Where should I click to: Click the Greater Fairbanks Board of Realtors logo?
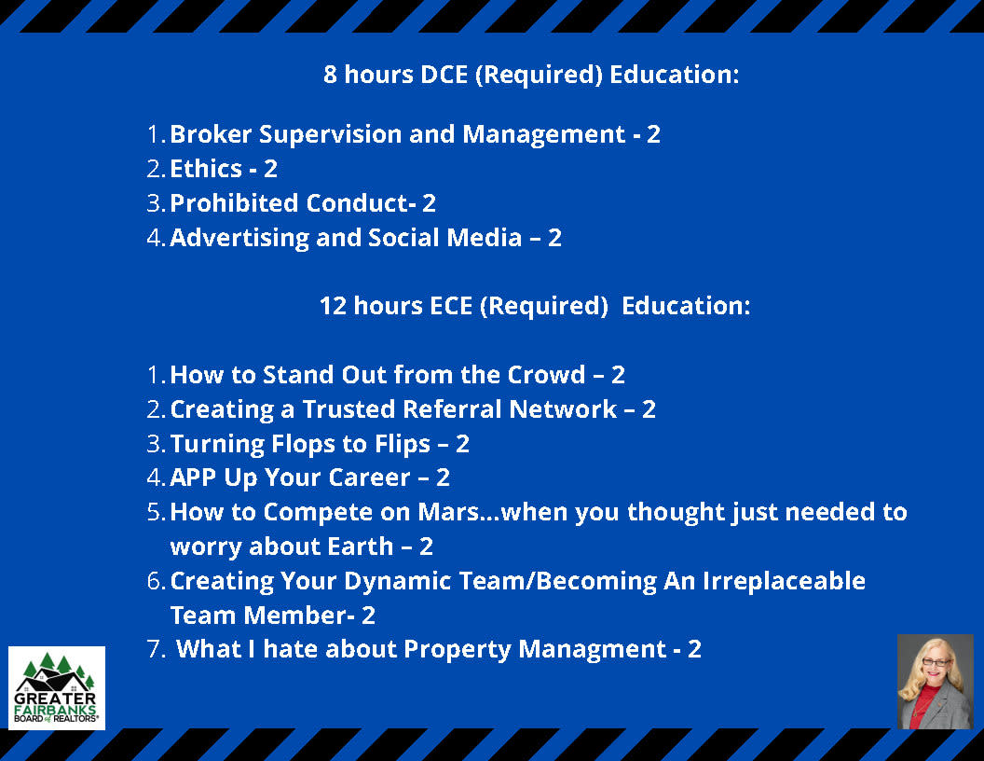click(x=57, y=687)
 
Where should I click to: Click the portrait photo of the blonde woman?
click(x=935, y=681)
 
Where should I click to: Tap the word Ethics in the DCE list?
click(x=206, y=169)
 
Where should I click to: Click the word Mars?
click(x=449, y=512)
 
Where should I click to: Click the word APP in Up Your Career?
click(x=193, y=477)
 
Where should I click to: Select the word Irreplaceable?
click(x=784, y=581)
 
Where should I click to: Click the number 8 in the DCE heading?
click(x=330, y=75)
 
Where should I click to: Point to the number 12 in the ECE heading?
click(x=333, y=306)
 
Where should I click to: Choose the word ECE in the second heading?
click(x=451, y=306)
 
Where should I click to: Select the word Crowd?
click(x=546, y=375)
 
